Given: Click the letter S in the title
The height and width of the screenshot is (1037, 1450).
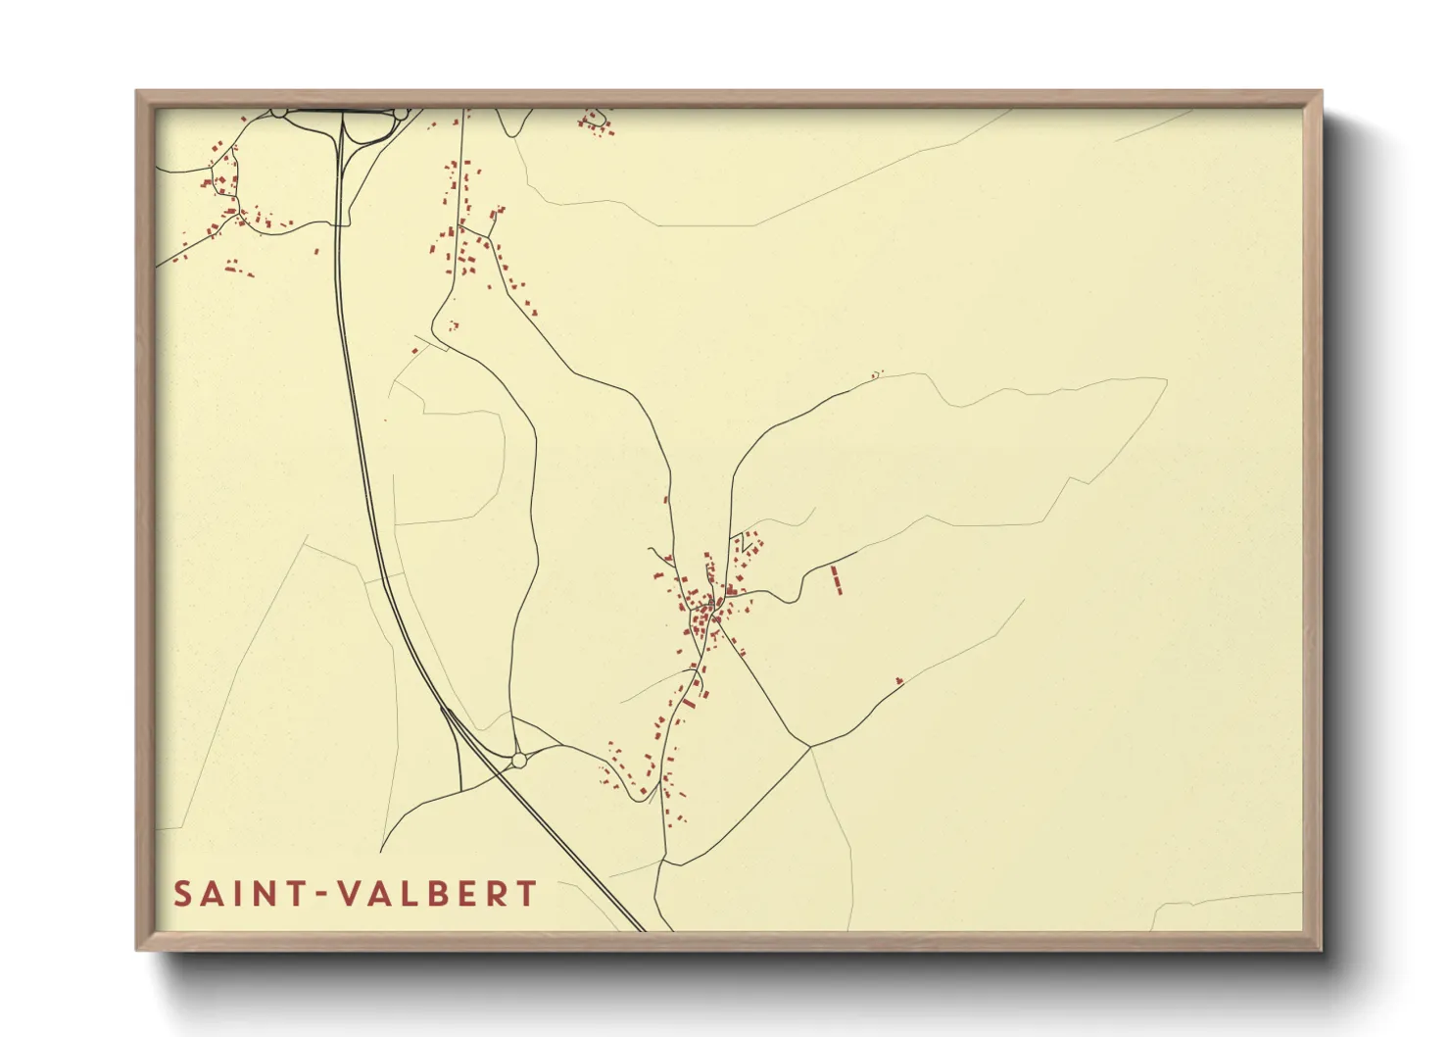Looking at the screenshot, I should pos(183,894).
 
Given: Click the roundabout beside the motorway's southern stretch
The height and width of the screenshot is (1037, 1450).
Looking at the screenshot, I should pos(518,760).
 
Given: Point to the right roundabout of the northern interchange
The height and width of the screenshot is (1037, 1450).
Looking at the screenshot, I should pos(401,114).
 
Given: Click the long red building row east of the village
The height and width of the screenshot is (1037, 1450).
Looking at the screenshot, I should pos(836,578).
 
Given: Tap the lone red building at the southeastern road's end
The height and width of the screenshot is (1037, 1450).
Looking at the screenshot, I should pos(898,680).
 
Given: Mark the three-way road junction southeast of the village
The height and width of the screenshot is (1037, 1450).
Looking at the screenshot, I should pos(810,747).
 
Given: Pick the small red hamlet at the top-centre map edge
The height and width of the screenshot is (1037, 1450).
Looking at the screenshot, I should pos(595,123).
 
